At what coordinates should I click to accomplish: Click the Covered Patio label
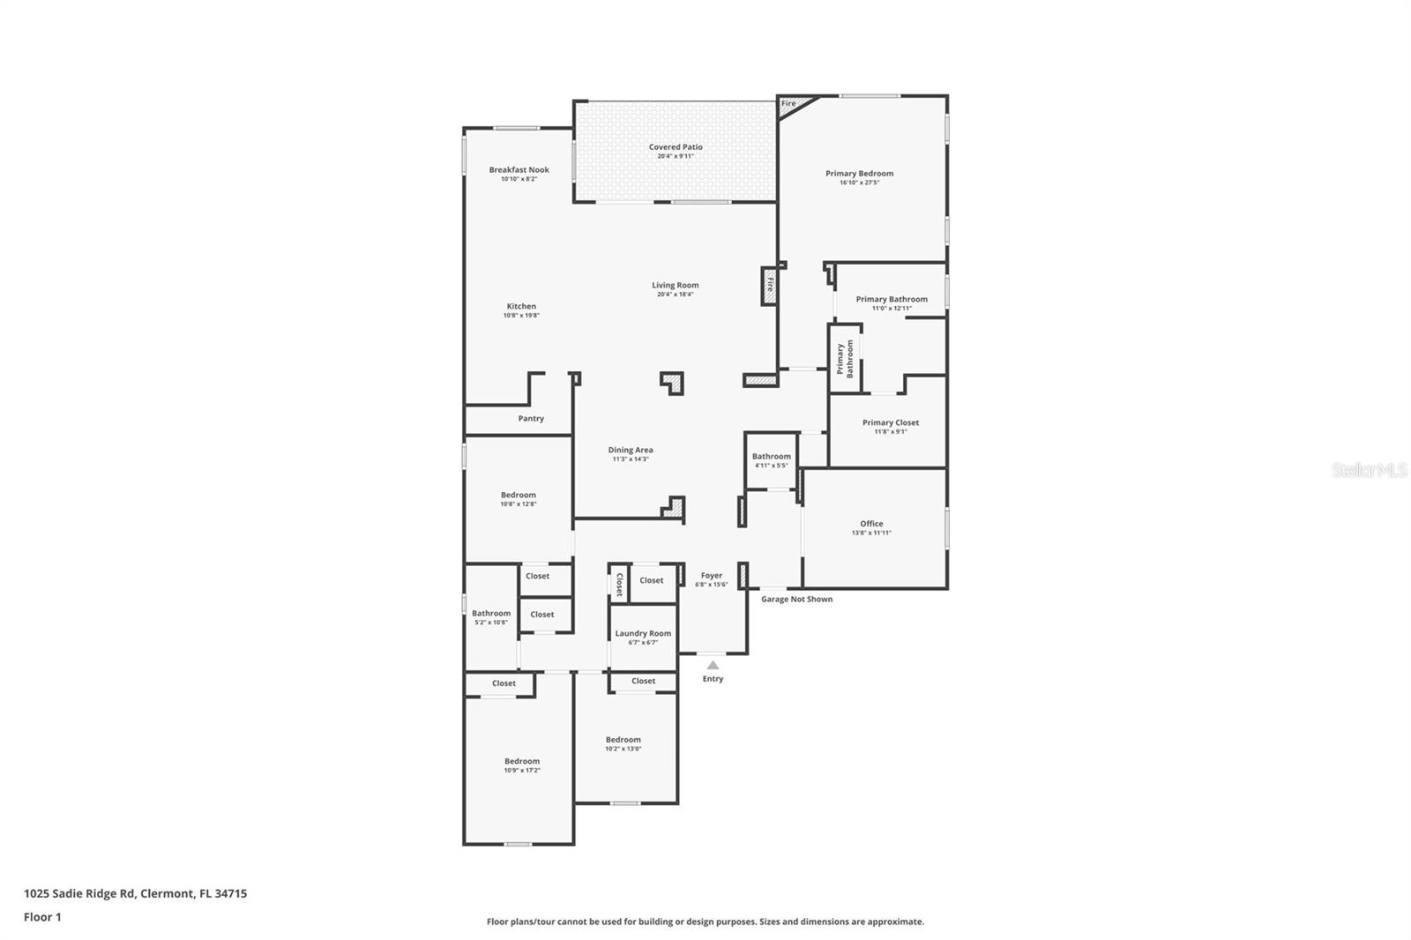pyautogui.click(x=676, y=147)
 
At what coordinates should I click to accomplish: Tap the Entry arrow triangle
pyautogui.click(x=713, y=666)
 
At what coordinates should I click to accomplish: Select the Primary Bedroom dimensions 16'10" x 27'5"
pyautogui.click(x=859, y=183)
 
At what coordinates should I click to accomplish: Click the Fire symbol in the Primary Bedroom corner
pyautogui.click(x=788, y=103)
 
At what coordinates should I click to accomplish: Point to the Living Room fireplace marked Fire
pyautogui.click(x=770, y=286)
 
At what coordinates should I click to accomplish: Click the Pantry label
pyautogui.click(x=531, y=419)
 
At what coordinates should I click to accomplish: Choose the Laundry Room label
pyautogui.click(x=643, y=633)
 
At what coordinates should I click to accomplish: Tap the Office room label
pyautogui.click(x=871, y=524)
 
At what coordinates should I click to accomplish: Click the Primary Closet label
pyautogui.click(x=891, y=422)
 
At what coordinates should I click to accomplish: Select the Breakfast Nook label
pyautogui.click(x=519, y=169)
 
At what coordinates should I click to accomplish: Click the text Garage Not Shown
pyautogui.click(x=796, y=600)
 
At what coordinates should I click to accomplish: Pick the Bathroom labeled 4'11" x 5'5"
pyautogui.click(x=772, y=460)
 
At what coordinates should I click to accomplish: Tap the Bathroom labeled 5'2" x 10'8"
pyautogui.click(x=491, y=617)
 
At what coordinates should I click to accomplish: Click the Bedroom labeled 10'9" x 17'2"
pyautogui.click(x=522, y=765)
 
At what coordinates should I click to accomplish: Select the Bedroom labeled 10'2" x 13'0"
pyautogui.click(x=623, y=744)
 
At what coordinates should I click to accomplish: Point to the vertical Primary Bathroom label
pyautogui.click(x=845, y=359)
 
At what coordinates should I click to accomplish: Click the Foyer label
pyautogui.click(x=711, y=575)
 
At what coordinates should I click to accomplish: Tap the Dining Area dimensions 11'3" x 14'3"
pyautogui.click(x=631, y=459)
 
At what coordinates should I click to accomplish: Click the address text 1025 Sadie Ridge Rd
pyautogui.click(x=79, y=893)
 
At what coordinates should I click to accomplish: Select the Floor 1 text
pyautogui.click(x=42, y=917)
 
